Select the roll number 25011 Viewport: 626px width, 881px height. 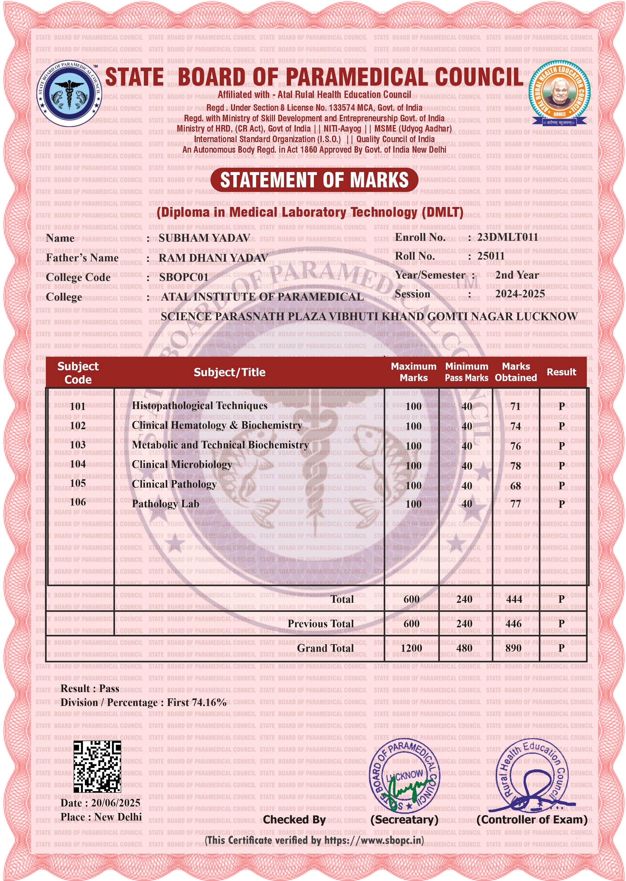(491, 256)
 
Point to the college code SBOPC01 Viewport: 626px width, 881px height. (184, 277)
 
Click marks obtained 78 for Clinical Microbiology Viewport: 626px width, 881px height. (515, 466)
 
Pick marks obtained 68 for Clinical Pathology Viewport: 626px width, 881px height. (515, 486)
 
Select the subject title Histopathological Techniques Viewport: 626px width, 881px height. (199, 406)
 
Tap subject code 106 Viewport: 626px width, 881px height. (78, 502)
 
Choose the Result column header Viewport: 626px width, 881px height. (561, 372)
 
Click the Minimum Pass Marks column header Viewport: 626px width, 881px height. (466, 372)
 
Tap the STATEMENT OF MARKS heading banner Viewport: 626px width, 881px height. (314, 180)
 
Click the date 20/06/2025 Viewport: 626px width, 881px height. (116, 803)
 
